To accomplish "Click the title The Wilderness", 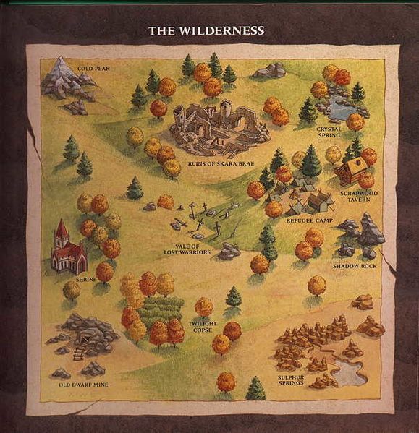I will click(x=206, y=31).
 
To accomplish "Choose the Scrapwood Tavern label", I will click(x=355, y=196).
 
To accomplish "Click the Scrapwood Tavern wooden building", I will click(x=352, y=171).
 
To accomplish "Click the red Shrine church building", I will click(x=68, y=249).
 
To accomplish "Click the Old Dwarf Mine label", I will click(x=83, y=385).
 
